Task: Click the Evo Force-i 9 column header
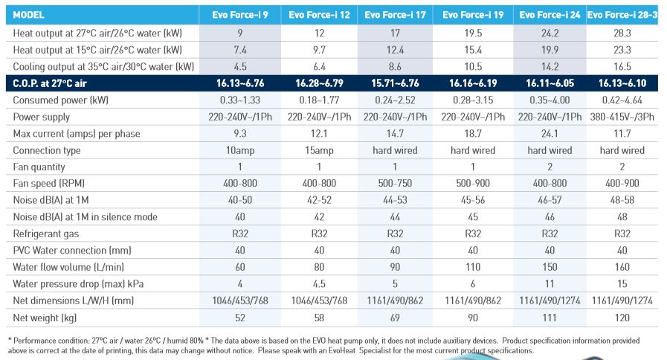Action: [241, 15]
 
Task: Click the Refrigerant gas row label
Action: [45, 233]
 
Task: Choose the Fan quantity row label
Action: [39, 167]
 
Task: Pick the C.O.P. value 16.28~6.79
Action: [318, 83]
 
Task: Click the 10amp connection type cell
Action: [241, 150]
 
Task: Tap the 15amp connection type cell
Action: [318, 150]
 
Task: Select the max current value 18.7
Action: [472, 134]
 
